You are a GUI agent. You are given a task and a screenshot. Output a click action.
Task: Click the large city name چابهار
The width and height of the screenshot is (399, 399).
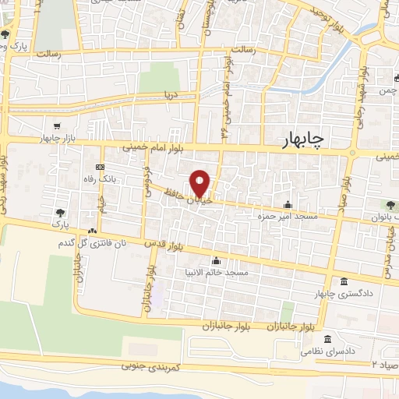[x=311, y=139]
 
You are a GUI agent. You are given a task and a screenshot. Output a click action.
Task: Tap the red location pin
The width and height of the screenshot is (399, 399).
[x=200, y=183]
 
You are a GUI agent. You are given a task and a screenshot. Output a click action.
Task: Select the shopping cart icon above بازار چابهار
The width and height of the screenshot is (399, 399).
[x=57, y=126]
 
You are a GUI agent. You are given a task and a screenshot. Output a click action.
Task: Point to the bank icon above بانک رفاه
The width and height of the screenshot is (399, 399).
[x=99, y=168]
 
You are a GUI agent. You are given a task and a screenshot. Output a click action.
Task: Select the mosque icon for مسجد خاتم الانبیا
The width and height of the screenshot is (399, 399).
[x=216, y=261]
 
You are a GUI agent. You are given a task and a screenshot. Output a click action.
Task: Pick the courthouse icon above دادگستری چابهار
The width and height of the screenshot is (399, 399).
[x=344, y=282]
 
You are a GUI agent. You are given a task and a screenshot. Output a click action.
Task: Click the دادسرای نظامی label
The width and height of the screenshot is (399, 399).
[x=329, y=351]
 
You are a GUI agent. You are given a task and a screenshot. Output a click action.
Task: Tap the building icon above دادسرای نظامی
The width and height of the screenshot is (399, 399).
[x=328, y=341]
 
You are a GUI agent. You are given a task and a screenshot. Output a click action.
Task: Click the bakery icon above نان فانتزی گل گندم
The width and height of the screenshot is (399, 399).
[x=92, y=231]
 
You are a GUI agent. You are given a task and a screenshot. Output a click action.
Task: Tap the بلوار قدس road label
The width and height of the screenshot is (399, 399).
[x=162, y=245]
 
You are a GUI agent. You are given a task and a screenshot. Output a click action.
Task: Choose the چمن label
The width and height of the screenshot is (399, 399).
[x=387, y=92]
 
